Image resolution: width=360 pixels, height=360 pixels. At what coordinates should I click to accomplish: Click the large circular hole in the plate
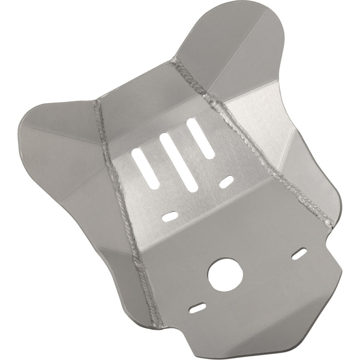click(x=225, y=273)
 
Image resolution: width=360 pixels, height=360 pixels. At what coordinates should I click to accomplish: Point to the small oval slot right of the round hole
click(x=299, y=253)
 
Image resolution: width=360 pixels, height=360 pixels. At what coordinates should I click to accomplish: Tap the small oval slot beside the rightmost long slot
click(x=227, y=182)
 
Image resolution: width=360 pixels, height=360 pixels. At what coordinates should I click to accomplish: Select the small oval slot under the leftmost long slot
click(x=170, y=217)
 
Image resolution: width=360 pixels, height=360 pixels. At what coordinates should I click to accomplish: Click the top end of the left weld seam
click(x=97, y=102)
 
